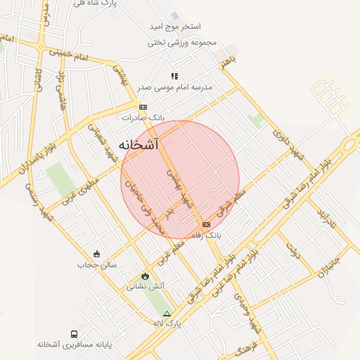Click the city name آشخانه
pos(139,145)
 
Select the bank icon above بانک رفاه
pos(205,224)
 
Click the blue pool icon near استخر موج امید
pos(174,15)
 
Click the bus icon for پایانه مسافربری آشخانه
pos(74,334)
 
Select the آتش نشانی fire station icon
pos(146,276)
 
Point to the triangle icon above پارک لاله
pos(167,314)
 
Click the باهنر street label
pos(226,63)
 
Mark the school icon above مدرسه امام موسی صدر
pos(174,76)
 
